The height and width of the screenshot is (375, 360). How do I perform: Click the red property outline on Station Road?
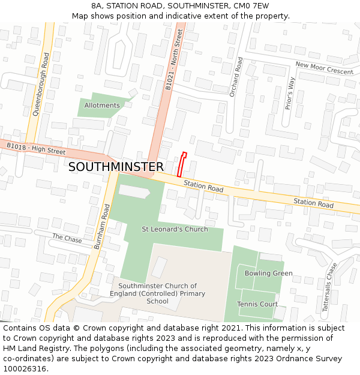click(182, 164)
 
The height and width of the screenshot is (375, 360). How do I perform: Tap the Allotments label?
click(102, 106)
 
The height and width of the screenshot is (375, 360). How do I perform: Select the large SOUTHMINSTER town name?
click(116, 167)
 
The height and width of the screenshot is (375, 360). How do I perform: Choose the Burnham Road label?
click(103, 226)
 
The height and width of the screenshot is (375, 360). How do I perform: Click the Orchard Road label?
click(236, 77)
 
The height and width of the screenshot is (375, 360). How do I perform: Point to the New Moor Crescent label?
click(324, 68)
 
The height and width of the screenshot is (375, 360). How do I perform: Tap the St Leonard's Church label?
click(175, 229)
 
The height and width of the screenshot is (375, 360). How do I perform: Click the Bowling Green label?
click(268, 274)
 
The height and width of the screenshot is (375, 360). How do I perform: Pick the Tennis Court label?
click(257, 304)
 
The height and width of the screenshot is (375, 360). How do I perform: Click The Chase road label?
click(67, 238)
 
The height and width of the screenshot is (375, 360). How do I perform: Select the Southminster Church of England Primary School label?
click(158, 293)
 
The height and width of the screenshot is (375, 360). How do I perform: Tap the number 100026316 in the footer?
click(25, 368)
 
